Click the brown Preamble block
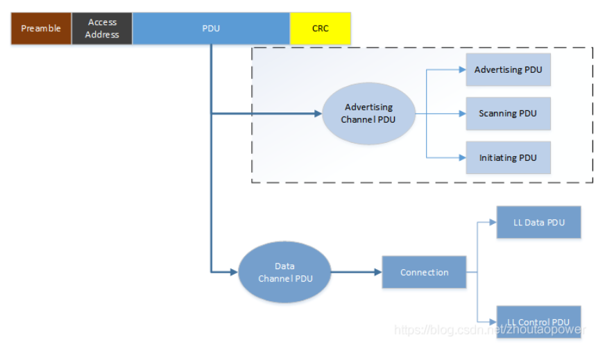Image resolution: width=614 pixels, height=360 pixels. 41,28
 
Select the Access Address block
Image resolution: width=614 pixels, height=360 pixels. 102,28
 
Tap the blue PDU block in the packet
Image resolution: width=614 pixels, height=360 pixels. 211,28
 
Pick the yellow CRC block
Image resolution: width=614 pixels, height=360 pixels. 321,28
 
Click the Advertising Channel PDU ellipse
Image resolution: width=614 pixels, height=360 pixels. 368,113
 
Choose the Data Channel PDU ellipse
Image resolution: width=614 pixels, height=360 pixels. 284,272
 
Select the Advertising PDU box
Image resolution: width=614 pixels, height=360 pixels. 508,70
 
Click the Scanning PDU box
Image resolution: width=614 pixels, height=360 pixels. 508,113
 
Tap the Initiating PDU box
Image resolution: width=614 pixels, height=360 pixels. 508,157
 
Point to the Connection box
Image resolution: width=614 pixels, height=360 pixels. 424,272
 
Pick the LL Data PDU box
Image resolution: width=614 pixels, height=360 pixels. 538,223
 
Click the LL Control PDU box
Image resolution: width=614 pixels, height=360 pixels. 538,322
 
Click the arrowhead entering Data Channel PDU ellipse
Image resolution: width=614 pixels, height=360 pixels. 234,272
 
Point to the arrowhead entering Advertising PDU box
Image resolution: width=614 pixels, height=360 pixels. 461,70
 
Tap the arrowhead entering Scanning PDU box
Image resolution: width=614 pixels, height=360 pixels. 461,113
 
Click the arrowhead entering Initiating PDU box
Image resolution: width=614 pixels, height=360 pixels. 461,157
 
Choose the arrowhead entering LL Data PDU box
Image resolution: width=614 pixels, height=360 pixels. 493,223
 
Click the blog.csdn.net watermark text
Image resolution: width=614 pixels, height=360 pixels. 490,329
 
